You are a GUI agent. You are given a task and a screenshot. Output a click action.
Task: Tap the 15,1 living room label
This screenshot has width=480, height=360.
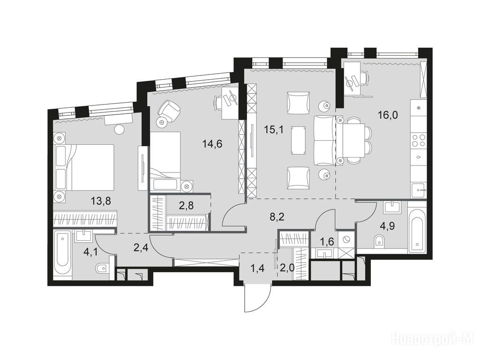(x=274, y=130)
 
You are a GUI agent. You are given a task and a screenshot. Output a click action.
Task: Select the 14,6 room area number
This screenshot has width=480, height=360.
(x=212, y=143)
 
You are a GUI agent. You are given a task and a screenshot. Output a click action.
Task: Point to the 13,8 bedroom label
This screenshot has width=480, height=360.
(x=101, y=201)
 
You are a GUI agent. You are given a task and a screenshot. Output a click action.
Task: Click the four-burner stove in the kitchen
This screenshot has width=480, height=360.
(x=419, y=141)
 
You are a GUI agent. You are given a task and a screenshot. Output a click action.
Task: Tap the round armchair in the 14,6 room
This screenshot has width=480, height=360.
(x=168, y=110)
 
